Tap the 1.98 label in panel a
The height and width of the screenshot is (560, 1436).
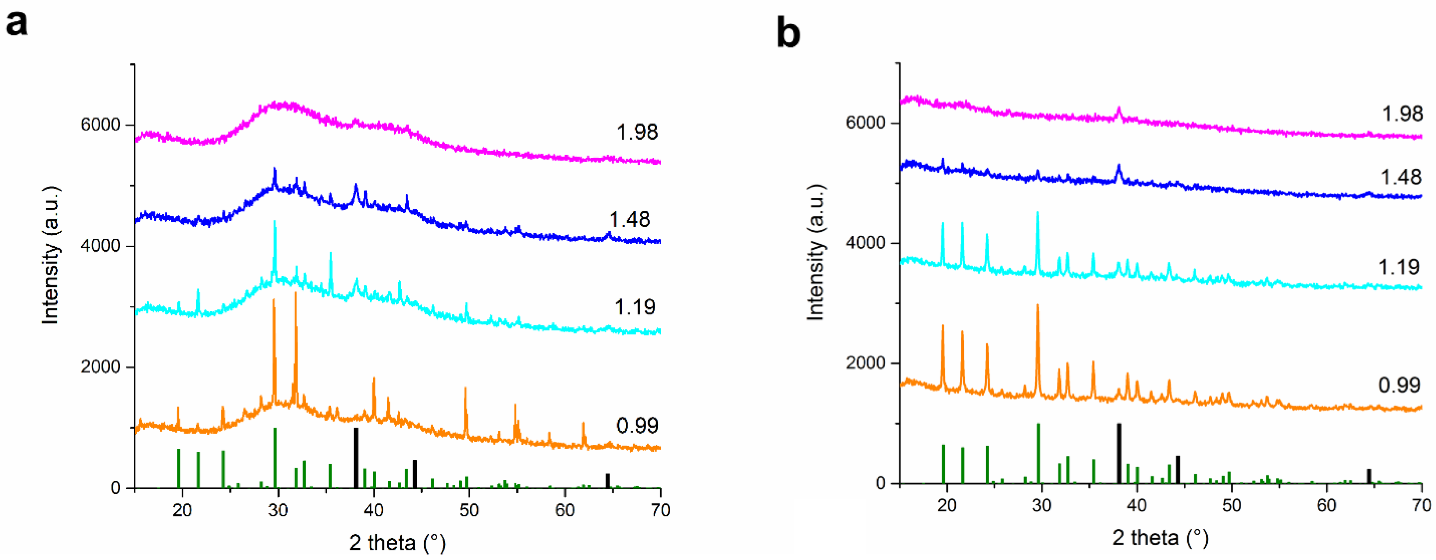click(x=637, y=132)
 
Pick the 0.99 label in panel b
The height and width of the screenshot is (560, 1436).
click(x=1399, y=385)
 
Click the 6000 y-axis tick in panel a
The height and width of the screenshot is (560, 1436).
click(x=100, y=125)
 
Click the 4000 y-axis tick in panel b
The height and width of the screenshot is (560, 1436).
click(x=866, y=243)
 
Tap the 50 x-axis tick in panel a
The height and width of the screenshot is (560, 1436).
click(x=469, y=510)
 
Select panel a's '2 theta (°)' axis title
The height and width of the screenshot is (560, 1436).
click(x=397, y=542)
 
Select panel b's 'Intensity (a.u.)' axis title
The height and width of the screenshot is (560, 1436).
click(x=815, y=251)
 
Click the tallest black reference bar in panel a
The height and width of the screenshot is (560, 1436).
click(x=356, y=457)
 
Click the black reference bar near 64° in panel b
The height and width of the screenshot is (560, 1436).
click(x=1369, y=475)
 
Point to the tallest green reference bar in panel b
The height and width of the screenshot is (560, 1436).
click(x=1039, y=453)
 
